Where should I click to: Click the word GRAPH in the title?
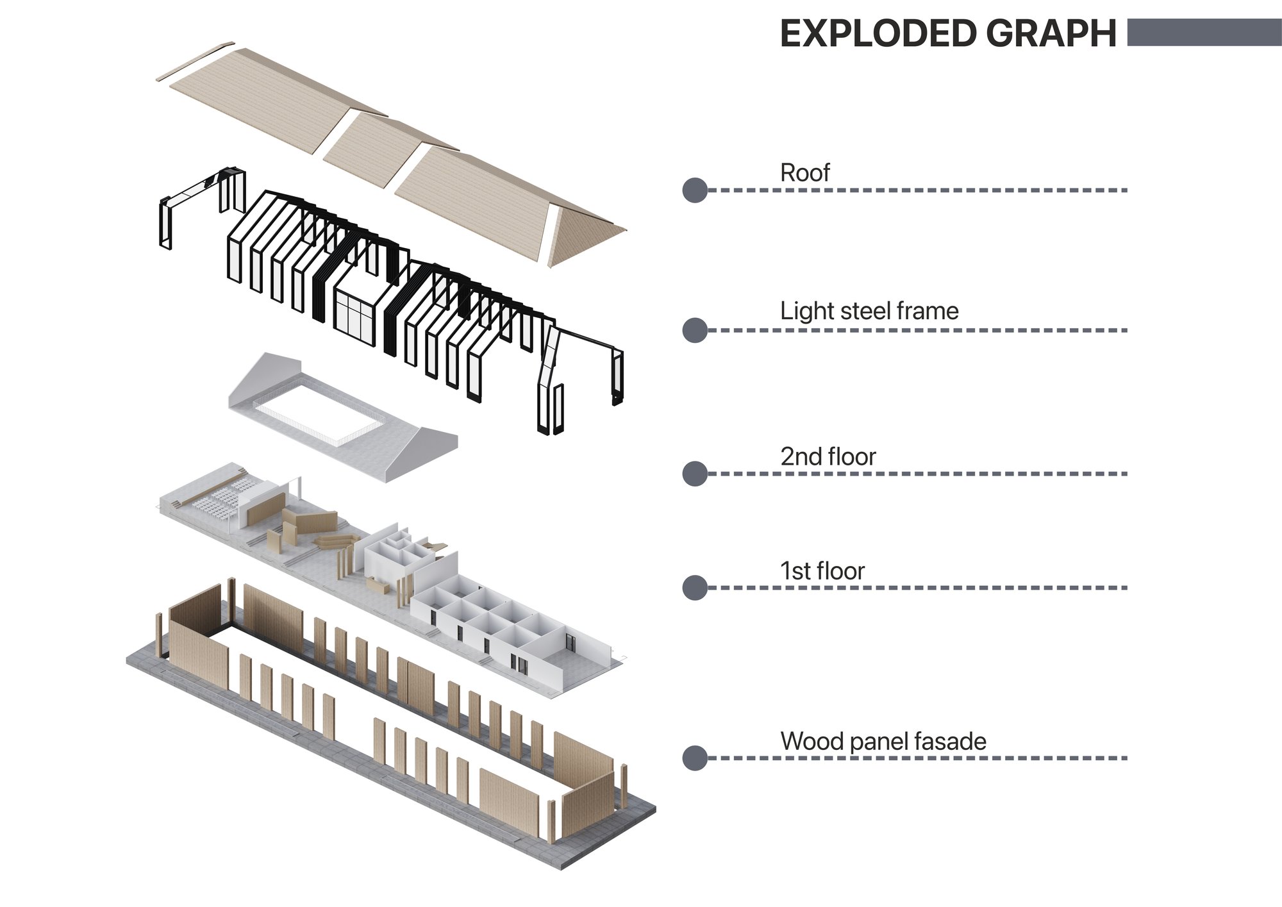(1051, 33)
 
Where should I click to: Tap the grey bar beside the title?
(1204, 32)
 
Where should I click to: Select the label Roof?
(804, 172)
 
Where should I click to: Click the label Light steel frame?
(869, 311)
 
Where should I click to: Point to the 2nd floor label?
(828, 456)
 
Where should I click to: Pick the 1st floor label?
(822, 570)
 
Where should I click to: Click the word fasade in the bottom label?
(950, 741)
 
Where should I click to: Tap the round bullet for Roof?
(695, 190)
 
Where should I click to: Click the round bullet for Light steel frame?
(695, 330)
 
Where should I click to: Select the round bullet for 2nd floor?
(695, 474)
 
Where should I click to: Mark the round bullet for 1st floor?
(695, 588)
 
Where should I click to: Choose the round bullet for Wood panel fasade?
(695, 758)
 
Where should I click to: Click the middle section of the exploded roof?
(389, 148)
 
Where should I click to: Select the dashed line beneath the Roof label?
(917, 190)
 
